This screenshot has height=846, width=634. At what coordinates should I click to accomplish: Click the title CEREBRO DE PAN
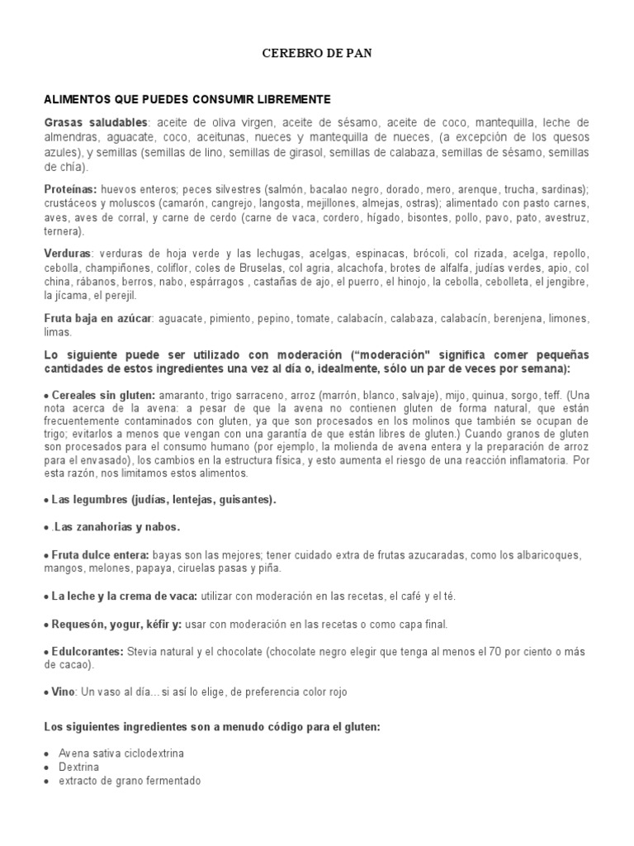click(x=316, y=54)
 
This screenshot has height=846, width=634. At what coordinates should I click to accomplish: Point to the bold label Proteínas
click(x=69, y=189)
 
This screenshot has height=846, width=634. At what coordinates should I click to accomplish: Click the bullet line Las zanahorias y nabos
click(x=117, y=526)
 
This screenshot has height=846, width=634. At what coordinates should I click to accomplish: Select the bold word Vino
click(x=62, y=692)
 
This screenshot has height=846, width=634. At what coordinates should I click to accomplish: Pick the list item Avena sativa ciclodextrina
click(x=121, y=754)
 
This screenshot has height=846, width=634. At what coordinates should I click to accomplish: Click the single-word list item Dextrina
click(x=79, y=768)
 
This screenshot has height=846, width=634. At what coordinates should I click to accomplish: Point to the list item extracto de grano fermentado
click(x=130, y=781)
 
